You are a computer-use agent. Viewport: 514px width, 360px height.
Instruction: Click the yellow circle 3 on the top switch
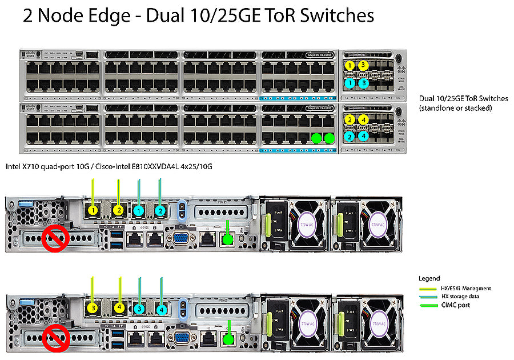(x=363, y=65)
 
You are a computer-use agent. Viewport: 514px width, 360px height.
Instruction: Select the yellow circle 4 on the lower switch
(x=363, y=119)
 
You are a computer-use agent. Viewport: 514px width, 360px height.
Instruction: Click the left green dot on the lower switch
(x=316, y=138)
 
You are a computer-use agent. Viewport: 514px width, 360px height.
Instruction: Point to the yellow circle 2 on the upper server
(x=118, y=210)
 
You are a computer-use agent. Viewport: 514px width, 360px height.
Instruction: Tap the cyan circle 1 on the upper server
(x=138, y=210)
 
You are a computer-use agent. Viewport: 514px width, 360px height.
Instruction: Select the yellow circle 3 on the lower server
(x=93, y=308)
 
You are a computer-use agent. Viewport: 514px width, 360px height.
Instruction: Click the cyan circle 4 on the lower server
(x=162, y=309)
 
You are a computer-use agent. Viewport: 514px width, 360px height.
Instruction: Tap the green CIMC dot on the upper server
(x=228, y=240)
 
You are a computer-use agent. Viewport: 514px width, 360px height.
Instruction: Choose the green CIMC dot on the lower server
(x=228, y=339)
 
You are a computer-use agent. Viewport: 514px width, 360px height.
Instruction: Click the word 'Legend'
(x=429, y=278)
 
